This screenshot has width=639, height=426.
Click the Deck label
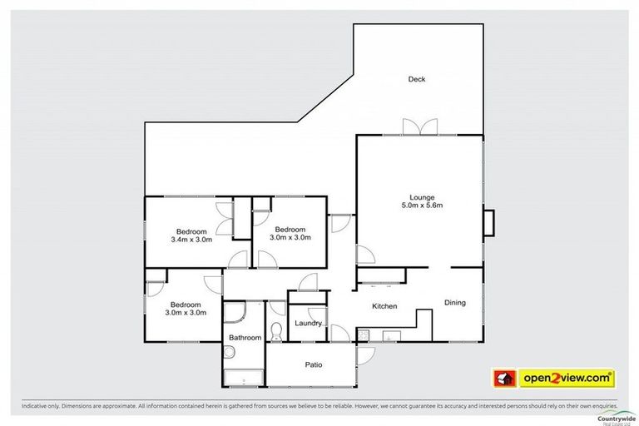pos(417,80)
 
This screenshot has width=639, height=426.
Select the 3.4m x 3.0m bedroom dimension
pos(191,240)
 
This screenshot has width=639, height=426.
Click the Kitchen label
pos(384,306)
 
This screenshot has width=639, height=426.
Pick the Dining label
pos(455,302)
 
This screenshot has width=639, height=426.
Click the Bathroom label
pos(245,338)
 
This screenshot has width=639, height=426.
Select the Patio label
pos(314,364)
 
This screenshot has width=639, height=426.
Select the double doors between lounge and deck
pos(419,127)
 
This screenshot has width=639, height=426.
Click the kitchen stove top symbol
pos(363,335)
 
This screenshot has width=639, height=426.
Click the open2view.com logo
pos(556,378)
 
